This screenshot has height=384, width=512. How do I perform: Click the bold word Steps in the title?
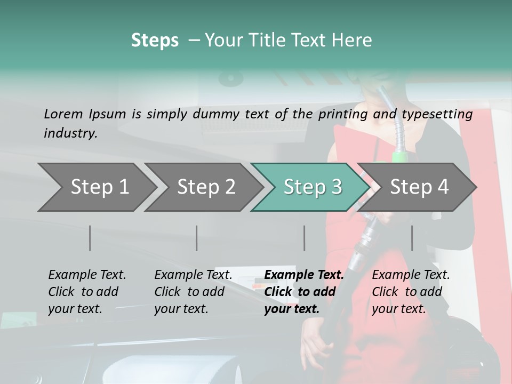(155, 41)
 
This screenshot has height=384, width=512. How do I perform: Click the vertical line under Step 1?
(90, 238)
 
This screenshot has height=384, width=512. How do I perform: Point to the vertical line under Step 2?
(197, 238)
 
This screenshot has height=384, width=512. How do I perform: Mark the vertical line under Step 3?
(305, 238)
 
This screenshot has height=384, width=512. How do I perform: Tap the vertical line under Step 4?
(412, 238)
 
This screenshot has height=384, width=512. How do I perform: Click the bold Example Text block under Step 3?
(303, 292)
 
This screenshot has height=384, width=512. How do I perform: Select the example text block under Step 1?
(87, 292)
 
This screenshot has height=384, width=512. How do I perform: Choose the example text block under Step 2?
(193, 292)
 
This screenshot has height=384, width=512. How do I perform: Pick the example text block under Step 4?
(411, 292)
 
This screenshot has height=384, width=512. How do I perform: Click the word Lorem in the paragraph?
(63, 114)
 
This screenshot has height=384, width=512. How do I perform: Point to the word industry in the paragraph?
(70, 133)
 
